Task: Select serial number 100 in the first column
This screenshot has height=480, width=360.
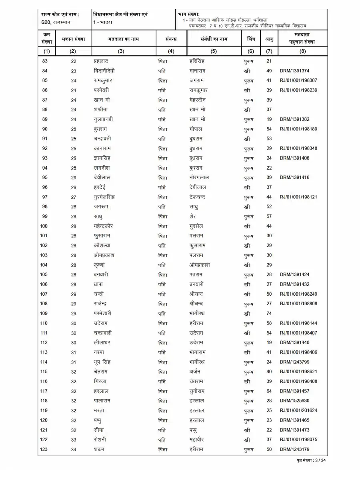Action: click(x=44, y=226)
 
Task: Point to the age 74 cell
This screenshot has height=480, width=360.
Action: click(x=269, y=314)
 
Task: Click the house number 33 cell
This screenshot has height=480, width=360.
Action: click(x=74, y=440)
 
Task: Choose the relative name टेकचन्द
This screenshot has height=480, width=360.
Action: click(x=200, y=197)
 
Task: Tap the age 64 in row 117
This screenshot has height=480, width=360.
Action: click(x=269, y=391)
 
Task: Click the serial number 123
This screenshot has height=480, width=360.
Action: click(x=44, y=449)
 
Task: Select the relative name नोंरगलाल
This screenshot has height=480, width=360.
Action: click(x=199, y=178)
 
